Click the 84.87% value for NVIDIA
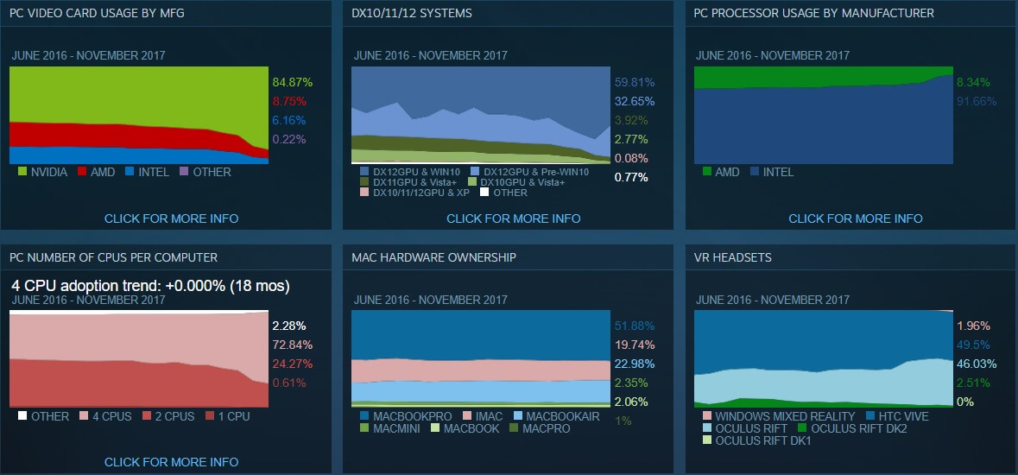click(292, 82)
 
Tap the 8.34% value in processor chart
click(972, 82)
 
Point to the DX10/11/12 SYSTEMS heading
click(412, 13)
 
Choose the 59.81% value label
click(634, 82)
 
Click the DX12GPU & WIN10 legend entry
click(410, 172)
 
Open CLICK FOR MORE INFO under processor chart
click(855, 218)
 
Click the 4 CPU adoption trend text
click(150, 286)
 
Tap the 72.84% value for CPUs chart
click(292, 345)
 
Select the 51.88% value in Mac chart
click(634, 326)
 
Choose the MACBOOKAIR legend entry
click(557, 416)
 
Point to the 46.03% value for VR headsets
click(976, 364)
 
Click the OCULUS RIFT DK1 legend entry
click(756, 440)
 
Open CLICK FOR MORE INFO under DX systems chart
click(513, 218)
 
